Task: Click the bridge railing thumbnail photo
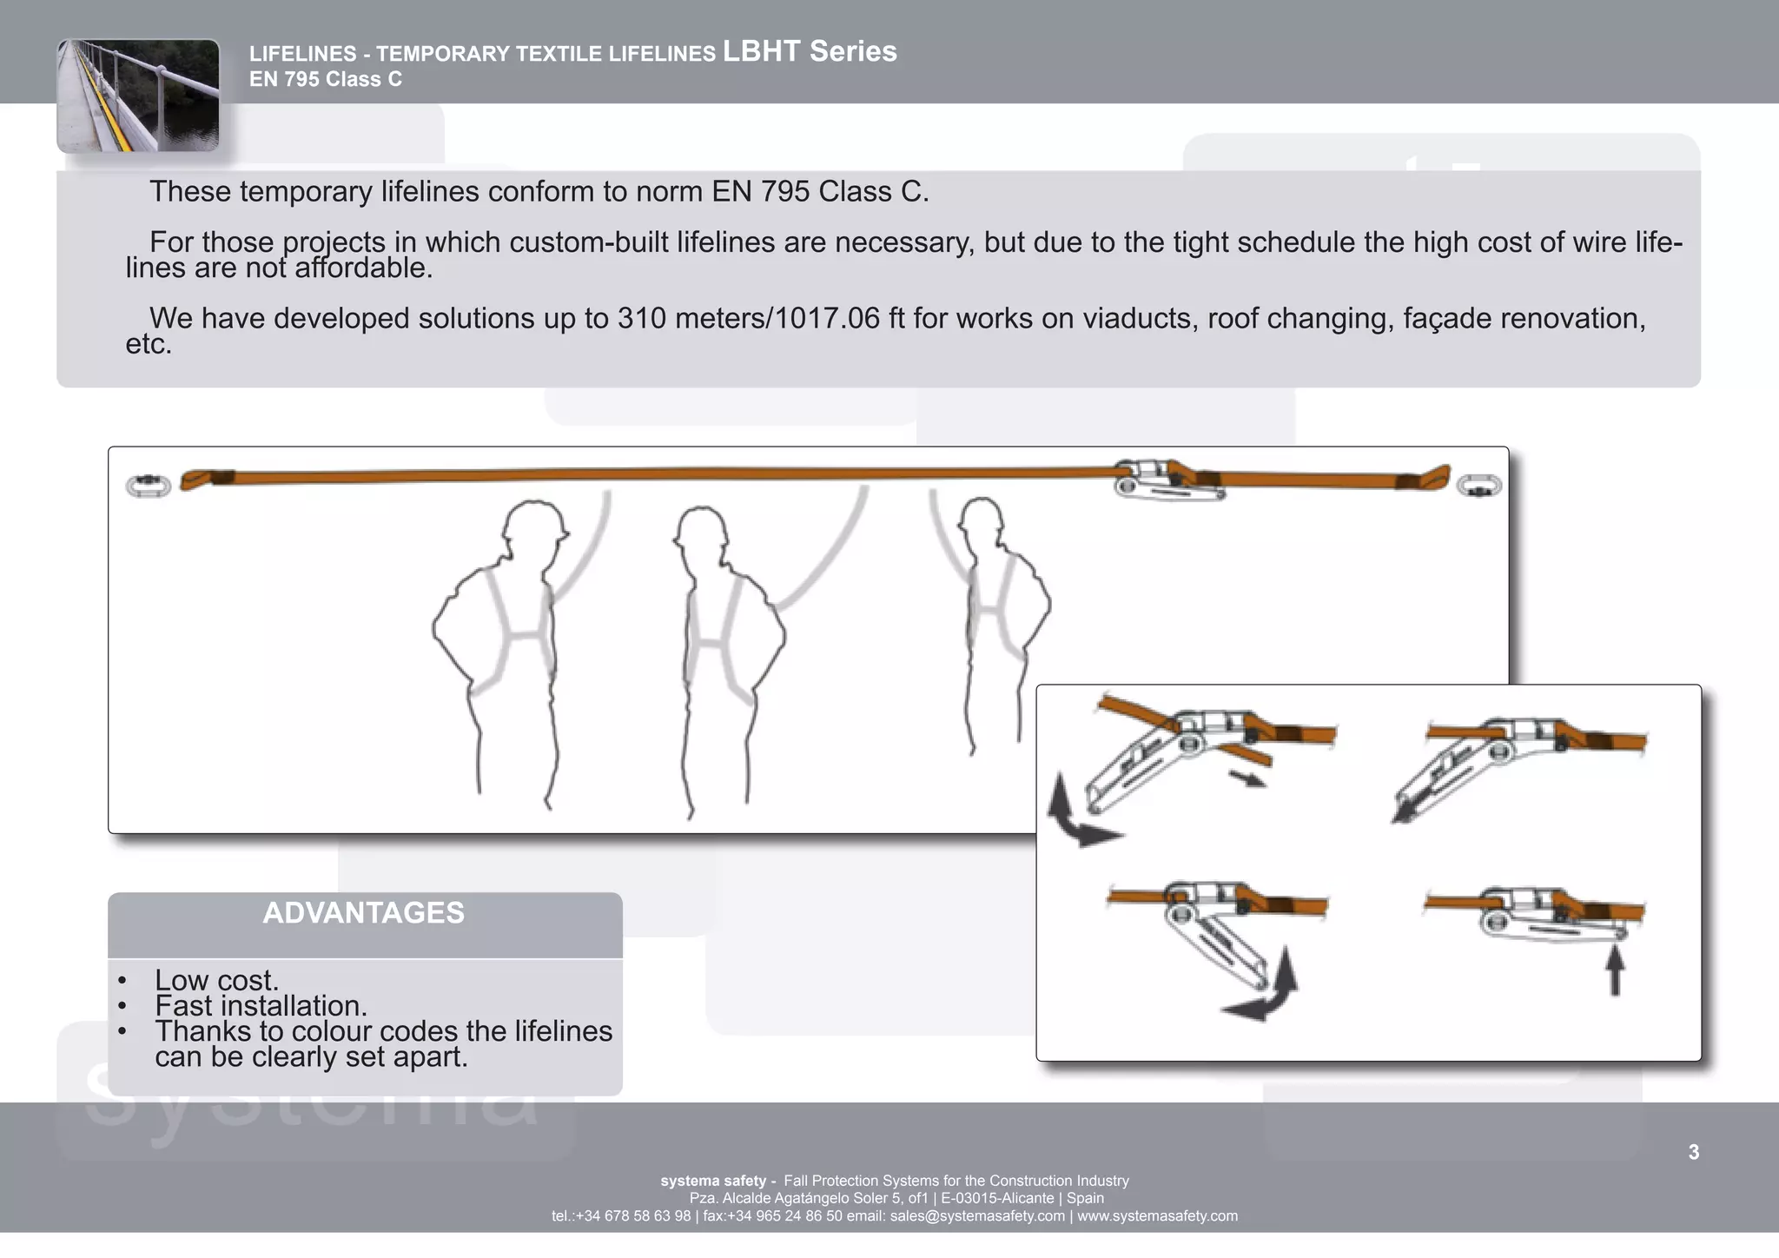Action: pos(138,96)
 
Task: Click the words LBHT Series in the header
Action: pos(810,51)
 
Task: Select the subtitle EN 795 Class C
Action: pos(326,80)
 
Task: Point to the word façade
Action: pos(1446,319)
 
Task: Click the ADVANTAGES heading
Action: pos(363,913)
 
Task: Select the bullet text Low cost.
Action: pos(216,980)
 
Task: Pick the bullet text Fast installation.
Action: pos(261,1006)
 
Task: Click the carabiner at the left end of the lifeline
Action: pos(149,485)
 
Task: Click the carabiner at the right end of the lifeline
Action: pos(1478,485)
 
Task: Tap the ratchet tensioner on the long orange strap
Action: pos(1168,481)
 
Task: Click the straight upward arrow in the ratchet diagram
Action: pos(1615,971)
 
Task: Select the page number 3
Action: pos(1693,1152)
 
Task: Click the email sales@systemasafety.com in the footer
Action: pos(977,1216)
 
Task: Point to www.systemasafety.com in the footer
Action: pos(1157,1216)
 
